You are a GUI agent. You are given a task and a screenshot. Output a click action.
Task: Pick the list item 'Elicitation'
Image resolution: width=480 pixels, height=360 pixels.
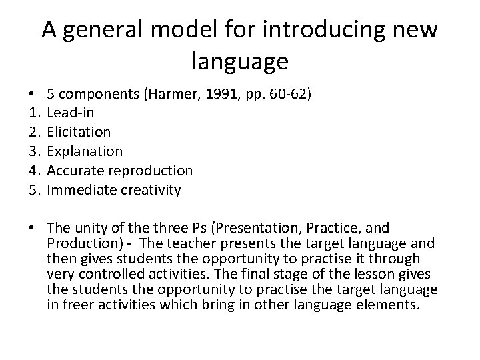[x=79, y=132]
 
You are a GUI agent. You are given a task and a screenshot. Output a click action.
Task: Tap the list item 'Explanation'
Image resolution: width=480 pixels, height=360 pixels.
[x=85, y=151]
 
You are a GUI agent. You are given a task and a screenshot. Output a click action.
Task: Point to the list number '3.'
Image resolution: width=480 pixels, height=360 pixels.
[x=34, y=151]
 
